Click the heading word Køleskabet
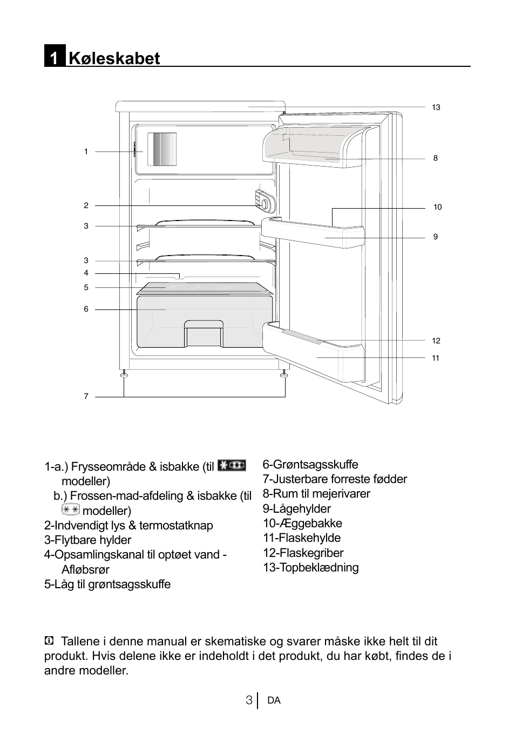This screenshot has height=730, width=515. click(x=114, y=58)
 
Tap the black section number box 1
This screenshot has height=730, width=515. click(x=55, y=57)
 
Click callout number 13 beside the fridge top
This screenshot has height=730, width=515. click(x=436, y=107)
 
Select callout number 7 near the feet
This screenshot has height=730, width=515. click(x=86, y=396)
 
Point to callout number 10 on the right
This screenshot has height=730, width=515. click(x=437, y=207)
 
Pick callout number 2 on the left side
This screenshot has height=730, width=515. click(x=86, y=205)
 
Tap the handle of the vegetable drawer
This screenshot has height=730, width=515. click(x=204, y=326)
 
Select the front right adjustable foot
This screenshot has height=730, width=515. click(x=284, y=373)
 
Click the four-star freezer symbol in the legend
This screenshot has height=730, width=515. click(x=232, y=465)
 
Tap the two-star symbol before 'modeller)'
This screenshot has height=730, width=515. click(x=70, y=509)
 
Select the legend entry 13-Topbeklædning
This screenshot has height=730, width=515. click(x=310, y=567)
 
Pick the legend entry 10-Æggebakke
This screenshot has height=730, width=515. click(x=302, y=523)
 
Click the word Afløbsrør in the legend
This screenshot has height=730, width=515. click(x=85, y=569)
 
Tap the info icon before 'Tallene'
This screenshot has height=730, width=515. click(x=49, y=641)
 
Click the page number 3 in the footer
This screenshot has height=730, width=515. click(x=248, y=700)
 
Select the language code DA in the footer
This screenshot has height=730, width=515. click(x=274, y=700)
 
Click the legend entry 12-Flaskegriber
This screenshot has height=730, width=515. click(x=303, y=553)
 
